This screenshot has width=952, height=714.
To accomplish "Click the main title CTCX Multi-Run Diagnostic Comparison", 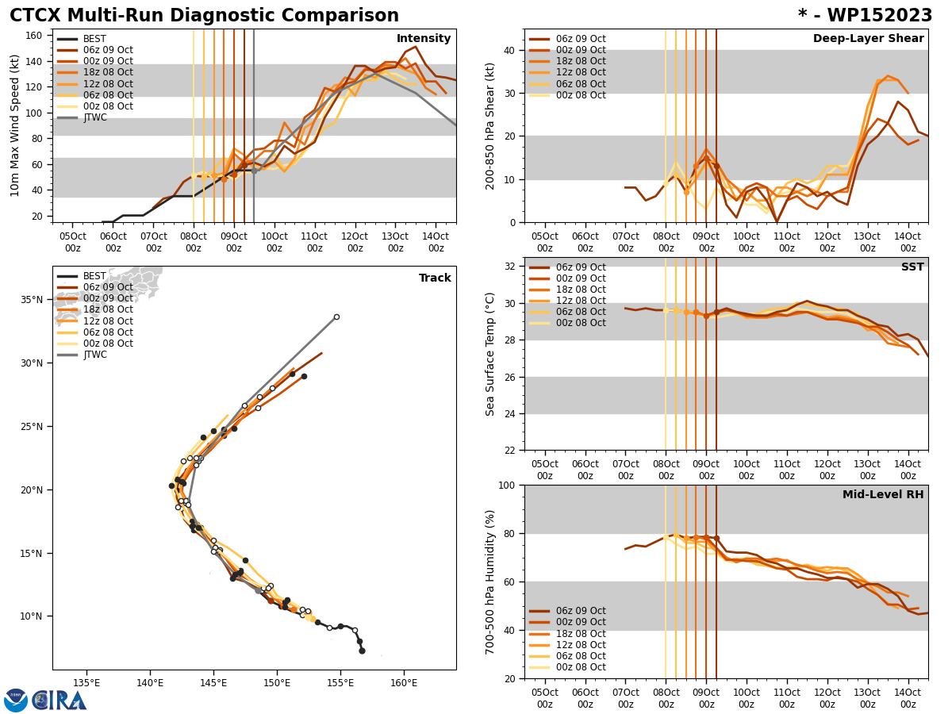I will (x=204, y=16).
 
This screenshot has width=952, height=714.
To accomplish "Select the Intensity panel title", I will (x=424, y=39).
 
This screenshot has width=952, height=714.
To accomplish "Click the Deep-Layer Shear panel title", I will (x=868, y=39).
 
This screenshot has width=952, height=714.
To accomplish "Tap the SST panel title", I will (x=912, y=267).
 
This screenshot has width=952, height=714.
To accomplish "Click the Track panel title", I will (x=435, y=278).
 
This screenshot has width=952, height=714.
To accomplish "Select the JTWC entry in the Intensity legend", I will (x=94, y=117).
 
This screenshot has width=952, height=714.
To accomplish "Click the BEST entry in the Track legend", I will (x=94, y=276).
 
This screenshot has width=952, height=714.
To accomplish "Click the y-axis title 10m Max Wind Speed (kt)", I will (x=15, y=125).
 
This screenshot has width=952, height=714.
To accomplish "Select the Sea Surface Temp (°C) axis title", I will (x=491, y=354).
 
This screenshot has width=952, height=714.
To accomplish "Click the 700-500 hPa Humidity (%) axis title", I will (x=491, y=582).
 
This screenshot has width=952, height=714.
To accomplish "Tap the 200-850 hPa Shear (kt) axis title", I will (x=491, y=125).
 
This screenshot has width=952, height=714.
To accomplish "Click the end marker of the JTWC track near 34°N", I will (x=336, y=317).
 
